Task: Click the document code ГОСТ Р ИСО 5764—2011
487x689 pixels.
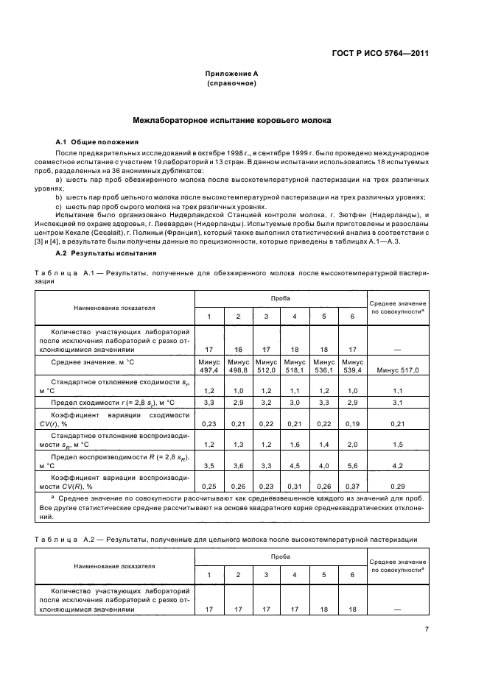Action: pos(382,52)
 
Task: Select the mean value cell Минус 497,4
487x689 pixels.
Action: pos(209,366)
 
